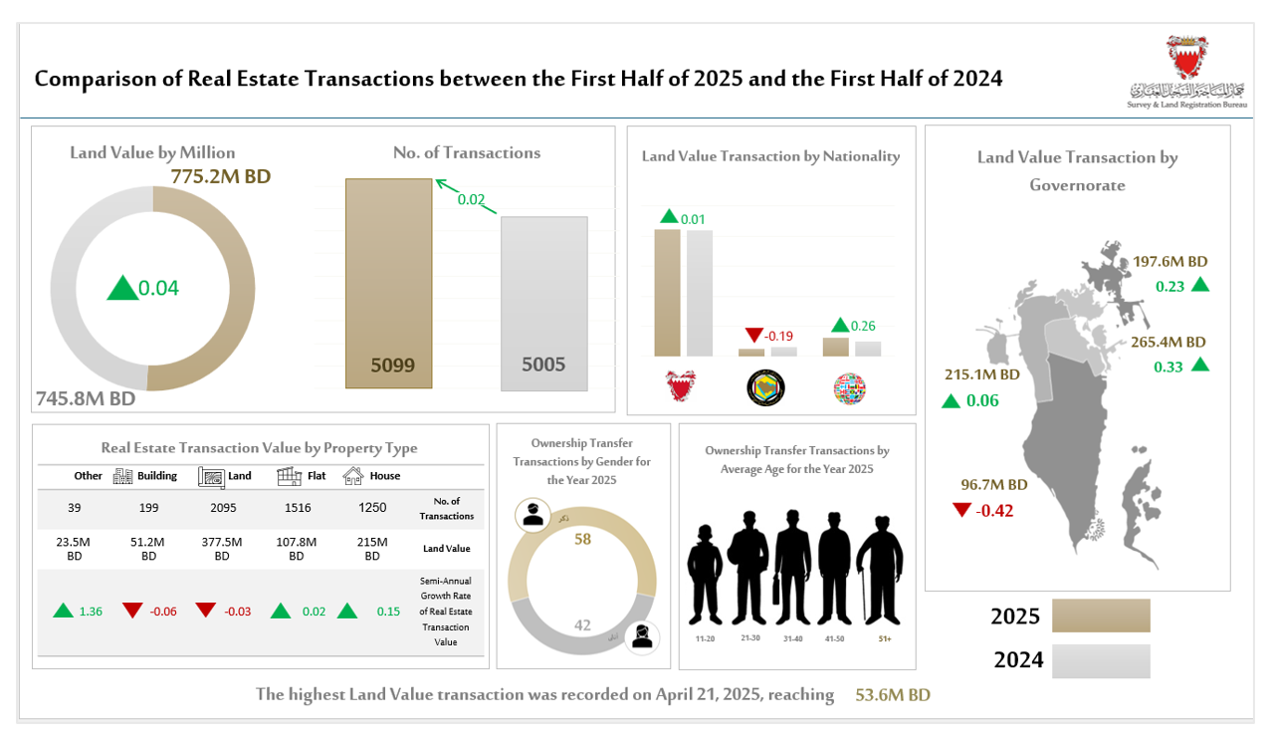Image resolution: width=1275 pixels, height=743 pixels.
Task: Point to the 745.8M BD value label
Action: pyautogui.click(x=85, y=398)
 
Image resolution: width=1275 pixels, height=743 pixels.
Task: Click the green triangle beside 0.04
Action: pyautogui.click(x=121, y=288)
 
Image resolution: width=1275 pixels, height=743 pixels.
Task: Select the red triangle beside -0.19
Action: pyautogui.click(x=753, y=335)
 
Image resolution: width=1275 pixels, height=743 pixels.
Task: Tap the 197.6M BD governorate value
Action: pyautogui.click(x=1169, y=262)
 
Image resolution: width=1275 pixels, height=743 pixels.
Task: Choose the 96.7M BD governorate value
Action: pyautogui.click(x=994, y=485)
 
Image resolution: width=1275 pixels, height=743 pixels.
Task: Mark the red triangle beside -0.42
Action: pyautogui.click(x=961, y=510)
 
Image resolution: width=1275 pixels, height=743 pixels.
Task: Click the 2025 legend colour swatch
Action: pyautogui.click(x=1100, y=616)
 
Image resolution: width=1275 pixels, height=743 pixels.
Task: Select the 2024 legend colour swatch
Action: pyautogui.click(x=1100, y=660)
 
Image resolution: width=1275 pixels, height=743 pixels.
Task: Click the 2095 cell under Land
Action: pyautogui.click(x=222, y=508)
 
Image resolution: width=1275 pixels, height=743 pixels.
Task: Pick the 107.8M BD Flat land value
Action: pyautogui.click(x=296, y=549)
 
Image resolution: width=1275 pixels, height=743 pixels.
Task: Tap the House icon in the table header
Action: pyautogui.click(x=352, y=476)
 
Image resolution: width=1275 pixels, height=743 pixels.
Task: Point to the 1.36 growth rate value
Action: pyautogui.click(x=91, y=611)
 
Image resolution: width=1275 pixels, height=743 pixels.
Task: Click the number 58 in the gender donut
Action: pyautogui.click(x=582, y=539)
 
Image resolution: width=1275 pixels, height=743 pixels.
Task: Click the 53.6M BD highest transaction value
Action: pyautogui.click(x=893, y=695)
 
